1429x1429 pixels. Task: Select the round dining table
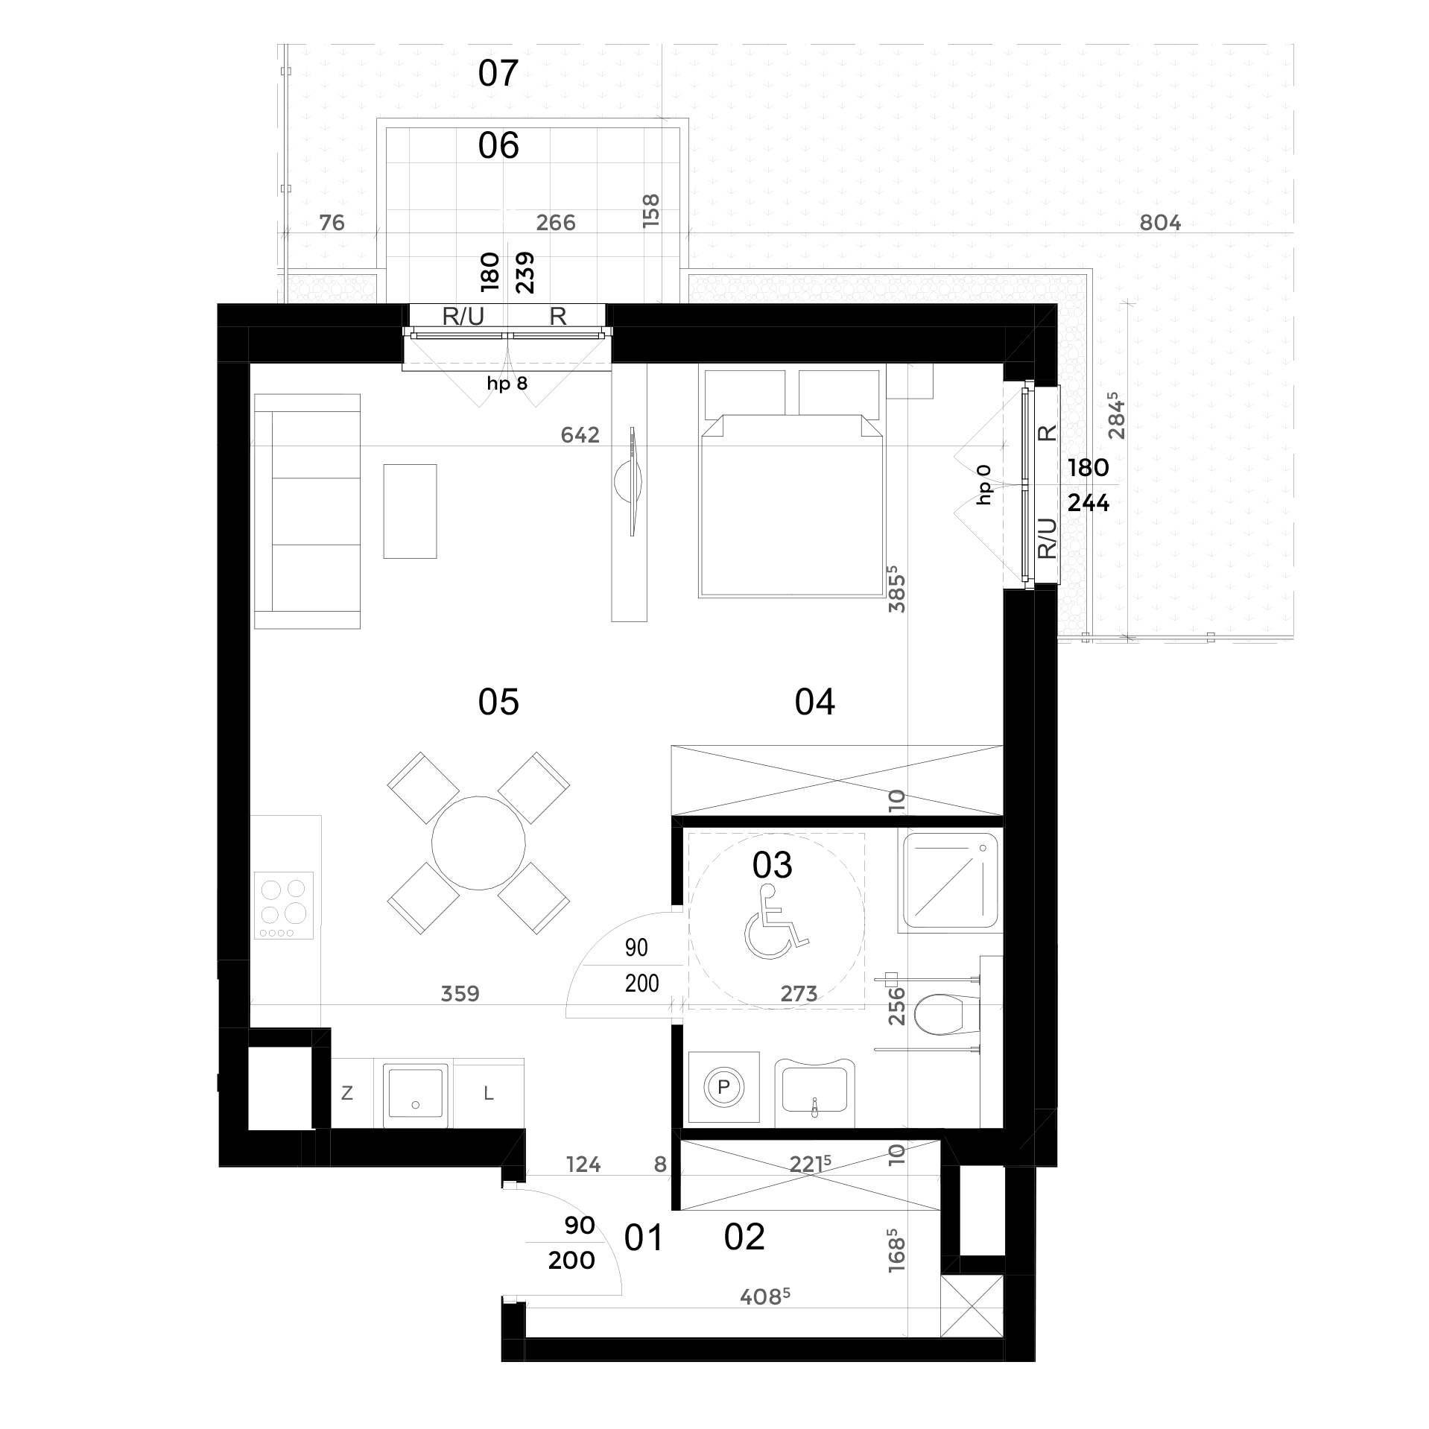(x=478, y=842)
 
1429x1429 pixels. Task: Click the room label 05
(x=498, y=702)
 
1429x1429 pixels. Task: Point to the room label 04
(x=815, y=702)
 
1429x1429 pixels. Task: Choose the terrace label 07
(x=498, y=74)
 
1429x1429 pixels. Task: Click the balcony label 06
(x=498, y=146)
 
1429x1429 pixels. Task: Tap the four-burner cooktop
(x=285, y=905)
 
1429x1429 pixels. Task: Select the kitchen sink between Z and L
(x=416, y=1095)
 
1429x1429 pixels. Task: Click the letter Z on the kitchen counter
(x=346, y=1094)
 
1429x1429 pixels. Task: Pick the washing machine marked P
(x=723, y=1087)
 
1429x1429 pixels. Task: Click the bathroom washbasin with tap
(x=815, y=1092)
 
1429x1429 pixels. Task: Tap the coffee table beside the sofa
(x=410, y=511)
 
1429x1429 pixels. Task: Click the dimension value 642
(x=580, y=435)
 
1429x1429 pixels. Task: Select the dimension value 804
(x=1160, y=223)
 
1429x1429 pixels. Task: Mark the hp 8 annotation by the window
(x=507, y=384)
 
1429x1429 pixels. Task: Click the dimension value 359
(x=460, y=993)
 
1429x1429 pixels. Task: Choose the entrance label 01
(x=643, y=1238)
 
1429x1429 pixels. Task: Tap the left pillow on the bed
(x=743, y=392)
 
